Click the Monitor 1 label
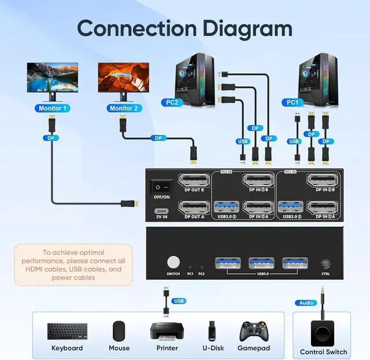pos(53,108)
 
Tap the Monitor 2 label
pos(123,108)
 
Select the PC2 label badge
pos(172,102)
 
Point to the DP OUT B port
pos(194,181)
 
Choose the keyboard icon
pos(67,332)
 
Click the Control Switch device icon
pos(323,332)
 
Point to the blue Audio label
pos(306,303)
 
